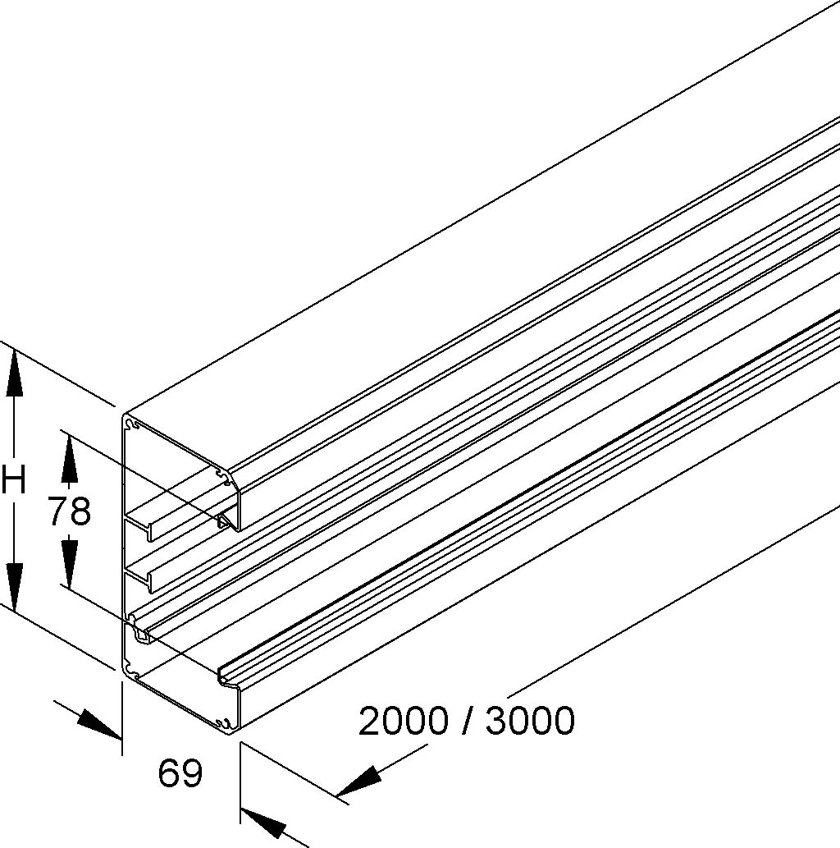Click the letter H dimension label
pyautogui.click(x=13, y=483)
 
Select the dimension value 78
pyautogui.click(x=69, y=511)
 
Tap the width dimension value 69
pyautogui.click(x=180, y=772)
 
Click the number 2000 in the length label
pyautogui.click(x=404, y=721)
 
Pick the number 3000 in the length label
pyautogui.click(x=530, y=721)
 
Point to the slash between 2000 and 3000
pyautogui.click(x=467, y=721)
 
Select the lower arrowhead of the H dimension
pyautogui.click(x=15, y=587)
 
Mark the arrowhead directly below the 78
pyautogui.click(x=69, y=564)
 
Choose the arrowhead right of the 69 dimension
pyautogui.click(x=263, y=823)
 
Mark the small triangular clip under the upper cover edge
pyautogui.click(x=226, y=522)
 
